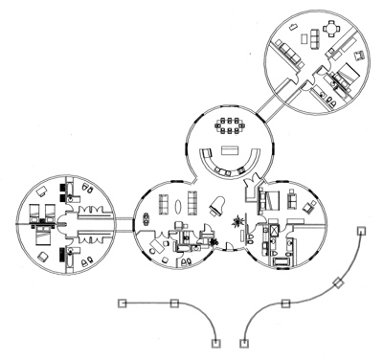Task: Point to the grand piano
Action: [x=216, y=204]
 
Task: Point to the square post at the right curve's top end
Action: [x=361, y=230]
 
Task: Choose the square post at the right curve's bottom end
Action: [x=245, y=342]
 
